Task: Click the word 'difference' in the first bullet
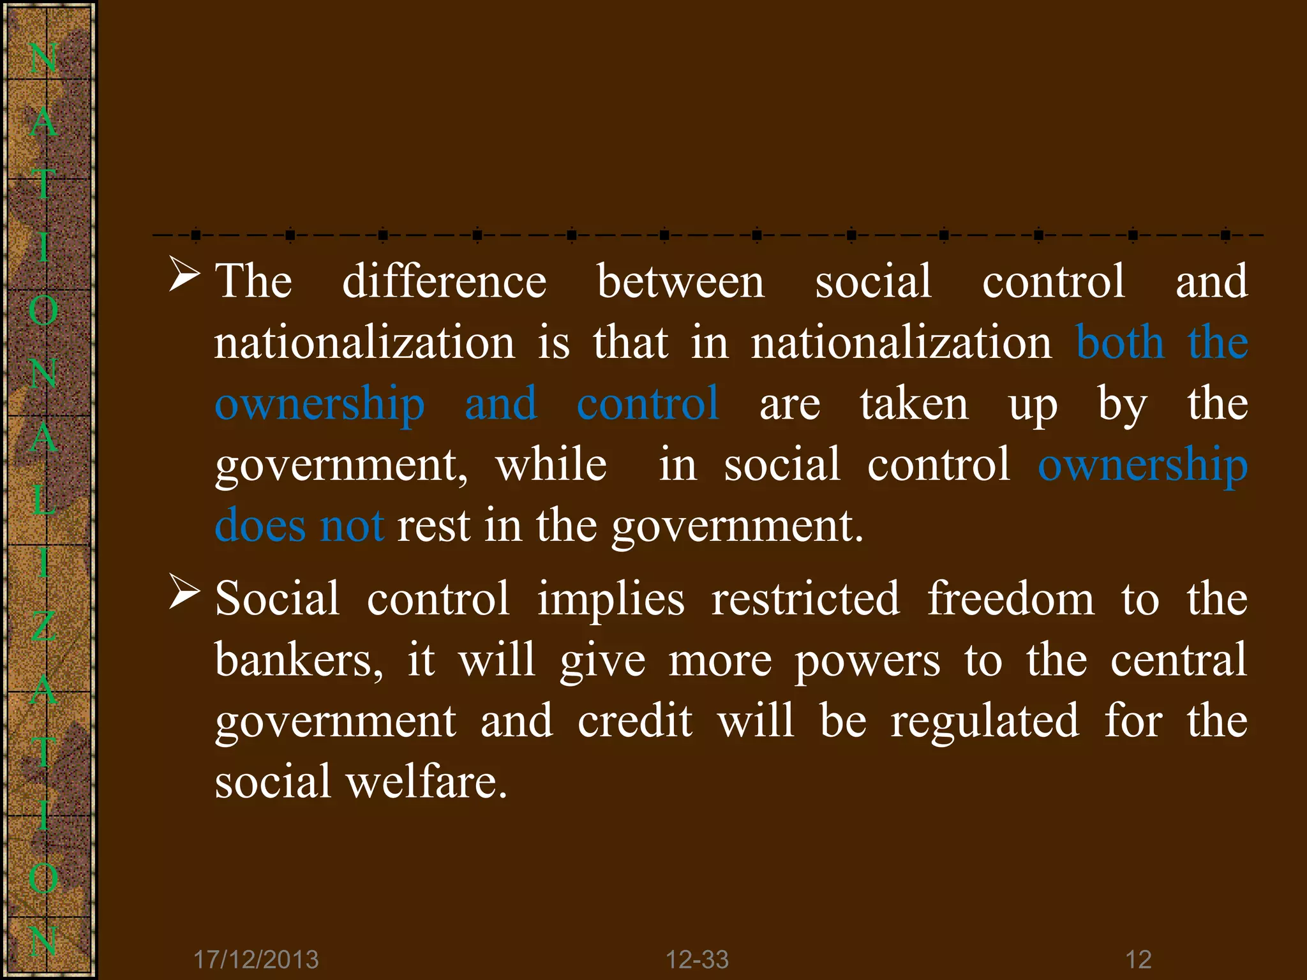click(x=444, y=281)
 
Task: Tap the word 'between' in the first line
click(x=680, y=281)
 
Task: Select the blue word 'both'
click(x=1120, y=343)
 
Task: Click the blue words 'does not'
click(x=299, y=526)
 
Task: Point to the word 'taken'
click(x=914, y=404)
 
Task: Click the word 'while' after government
click(x=551, y=464)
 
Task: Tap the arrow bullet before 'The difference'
click(x=184, y=274)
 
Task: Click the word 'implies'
click(x=611, y=600)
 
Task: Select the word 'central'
click(x=1179, y=660)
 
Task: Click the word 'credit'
click(x=635, y=721)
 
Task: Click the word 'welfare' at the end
click(x=426, y=782)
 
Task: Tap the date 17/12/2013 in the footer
click(x=256, y=960)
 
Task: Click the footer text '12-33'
click(x=697, y=960)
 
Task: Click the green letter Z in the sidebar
click(x=43, y=626)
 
